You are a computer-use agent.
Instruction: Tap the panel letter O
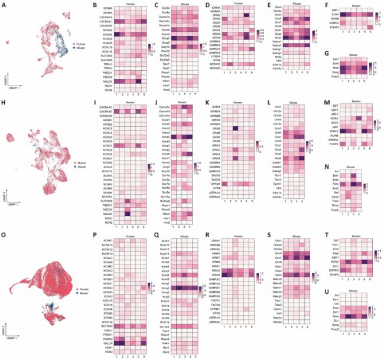coord(4,238)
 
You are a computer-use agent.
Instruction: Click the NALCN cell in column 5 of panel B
coord(135,83)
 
